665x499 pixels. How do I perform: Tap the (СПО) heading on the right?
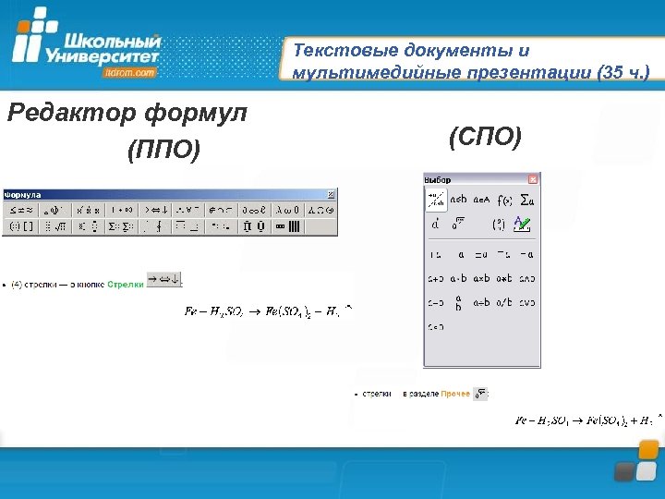click(x=484, y=138)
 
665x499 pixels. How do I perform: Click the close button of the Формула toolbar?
click(x=332, y=195)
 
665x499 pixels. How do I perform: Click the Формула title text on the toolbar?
click(x=23, y=195)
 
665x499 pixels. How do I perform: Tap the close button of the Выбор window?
click(x=533, y=178)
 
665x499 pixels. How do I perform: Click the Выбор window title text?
click(x=438, y=178)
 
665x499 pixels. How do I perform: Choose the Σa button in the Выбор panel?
click(x=528, y=200)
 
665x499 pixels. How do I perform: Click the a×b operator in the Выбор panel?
click(x=481, y=278)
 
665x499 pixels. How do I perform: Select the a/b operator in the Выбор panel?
click(x=504, y=302)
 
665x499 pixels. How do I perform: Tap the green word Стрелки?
click(x=126, y=284)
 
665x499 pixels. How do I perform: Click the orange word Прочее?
click(x=454, y=395)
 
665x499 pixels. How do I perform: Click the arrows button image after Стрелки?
click(x=164, y=280)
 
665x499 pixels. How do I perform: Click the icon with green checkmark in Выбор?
click(x=523, y=224)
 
